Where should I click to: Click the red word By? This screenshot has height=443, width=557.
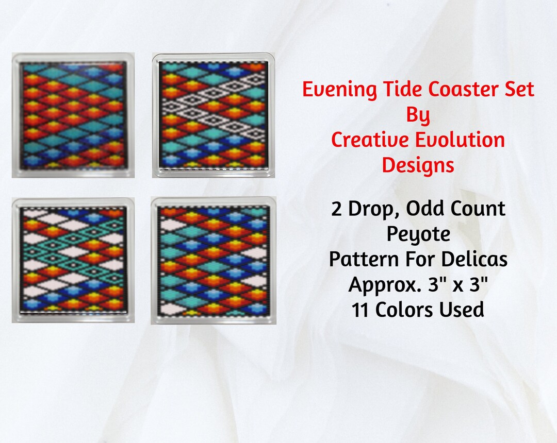click(x=418, y=115)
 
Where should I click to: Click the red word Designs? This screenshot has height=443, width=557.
click(x=418, y=165)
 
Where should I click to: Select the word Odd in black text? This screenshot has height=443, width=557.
click(x=430, y=209)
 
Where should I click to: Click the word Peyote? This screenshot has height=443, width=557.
click(x=418, y=234)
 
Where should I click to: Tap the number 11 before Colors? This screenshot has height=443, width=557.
click(x=361, y=310)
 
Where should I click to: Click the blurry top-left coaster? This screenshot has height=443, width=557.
click(x=73, y=115)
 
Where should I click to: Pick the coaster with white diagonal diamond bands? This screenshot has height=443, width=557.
click(x=213, y=115)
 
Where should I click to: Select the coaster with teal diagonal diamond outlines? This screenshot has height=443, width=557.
click(x=73, y=260)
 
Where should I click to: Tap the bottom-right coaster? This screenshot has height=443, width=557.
click(x=213, y=260)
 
